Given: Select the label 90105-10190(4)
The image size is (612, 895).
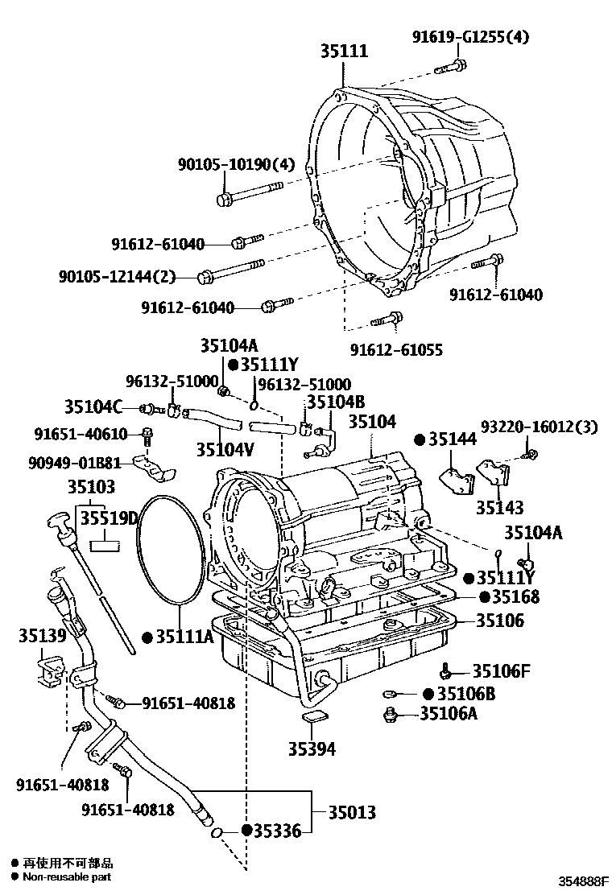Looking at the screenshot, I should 236,164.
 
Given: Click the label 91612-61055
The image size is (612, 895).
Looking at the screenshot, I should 396,350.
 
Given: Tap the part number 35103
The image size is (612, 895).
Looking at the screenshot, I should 91,486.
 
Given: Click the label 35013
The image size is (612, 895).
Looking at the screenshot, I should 351,813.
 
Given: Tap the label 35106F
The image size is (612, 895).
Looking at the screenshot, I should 500,670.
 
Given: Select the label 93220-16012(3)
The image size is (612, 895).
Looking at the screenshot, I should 539,427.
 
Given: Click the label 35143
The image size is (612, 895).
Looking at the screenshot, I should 499,507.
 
